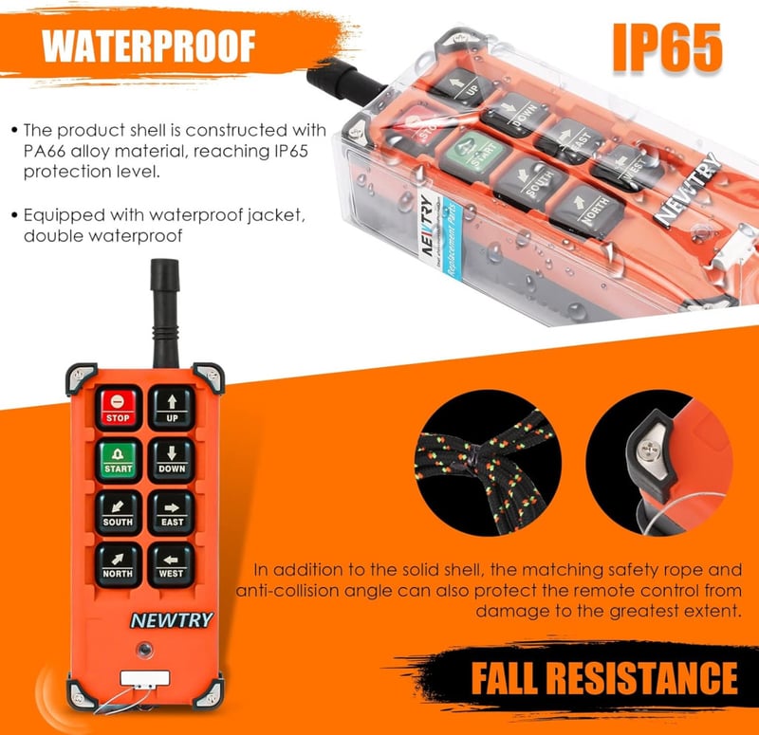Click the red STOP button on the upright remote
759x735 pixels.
click(118, 408)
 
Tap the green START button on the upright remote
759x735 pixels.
click(118, 461)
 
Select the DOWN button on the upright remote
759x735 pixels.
click(172, 461)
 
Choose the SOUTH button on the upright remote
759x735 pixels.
click(118, 513)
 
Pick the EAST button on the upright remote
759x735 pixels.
click(172, 513)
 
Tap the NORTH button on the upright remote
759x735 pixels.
click(118, 565)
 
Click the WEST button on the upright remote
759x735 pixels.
click(172, 565)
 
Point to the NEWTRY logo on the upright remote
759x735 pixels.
click(172, 620)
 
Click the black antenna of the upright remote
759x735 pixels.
click(165, 313)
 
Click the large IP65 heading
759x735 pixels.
click(668, 48)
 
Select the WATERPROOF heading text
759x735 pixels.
click(149, 46)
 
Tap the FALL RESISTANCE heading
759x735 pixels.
click(604, 678)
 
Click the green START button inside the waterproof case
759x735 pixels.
click(476, 153)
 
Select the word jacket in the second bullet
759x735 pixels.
click(275, 215)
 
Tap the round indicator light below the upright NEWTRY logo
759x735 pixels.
click(144, 650)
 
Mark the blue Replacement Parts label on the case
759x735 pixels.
click(452, 239)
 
